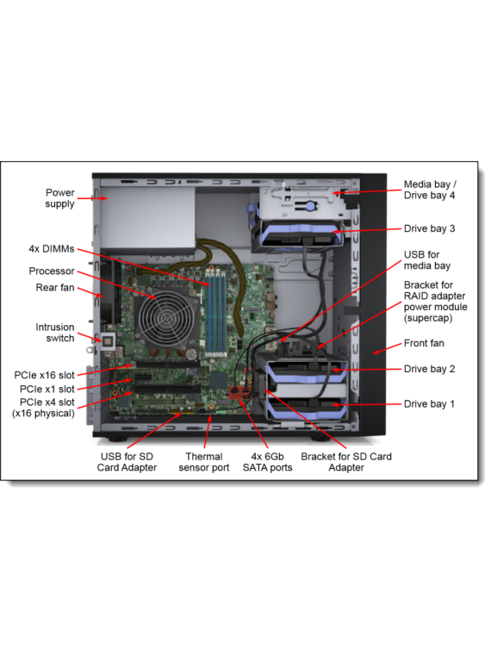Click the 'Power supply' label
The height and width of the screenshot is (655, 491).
pos(59,198)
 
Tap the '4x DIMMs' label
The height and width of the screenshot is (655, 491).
pos(52,249)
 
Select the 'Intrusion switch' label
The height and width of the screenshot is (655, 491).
pos(54,333)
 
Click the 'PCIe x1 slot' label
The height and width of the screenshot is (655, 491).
pos(47,390)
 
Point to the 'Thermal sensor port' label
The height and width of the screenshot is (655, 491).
pos(204,462)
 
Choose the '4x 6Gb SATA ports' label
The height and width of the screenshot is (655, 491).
pos(267,462)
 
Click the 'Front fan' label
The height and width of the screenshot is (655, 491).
pos(424,343)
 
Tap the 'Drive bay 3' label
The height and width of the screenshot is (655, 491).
pos(429,229)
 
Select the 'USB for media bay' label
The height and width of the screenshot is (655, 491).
pos(427,260)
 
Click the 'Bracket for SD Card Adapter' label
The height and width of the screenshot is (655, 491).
pos(346,462)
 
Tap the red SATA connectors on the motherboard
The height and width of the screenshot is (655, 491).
pos(239,393)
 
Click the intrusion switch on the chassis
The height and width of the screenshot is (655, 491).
pos(109,341)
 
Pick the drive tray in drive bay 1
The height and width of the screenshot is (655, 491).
pos(308,409)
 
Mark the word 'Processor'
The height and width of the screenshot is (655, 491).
pos(52,271)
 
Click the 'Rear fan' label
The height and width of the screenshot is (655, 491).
pos(55,288)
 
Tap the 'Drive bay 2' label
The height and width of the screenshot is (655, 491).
pos(429,369)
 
